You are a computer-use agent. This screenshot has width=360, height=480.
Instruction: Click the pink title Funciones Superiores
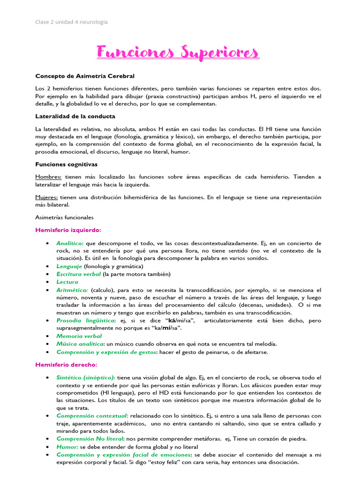pyautogui.click(x=178, y=52)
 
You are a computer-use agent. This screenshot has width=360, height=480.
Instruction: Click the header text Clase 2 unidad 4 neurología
pyautogui.click(x=71, y=22)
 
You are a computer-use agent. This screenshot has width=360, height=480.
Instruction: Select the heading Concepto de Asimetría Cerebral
pyautogui.click(x=85, y=76)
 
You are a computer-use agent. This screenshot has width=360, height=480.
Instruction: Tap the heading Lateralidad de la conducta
pyautogui.click(x=75, y=116)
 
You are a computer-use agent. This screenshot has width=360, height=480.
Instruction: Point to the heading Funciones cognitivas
pyautogui.click(x=66, y=165)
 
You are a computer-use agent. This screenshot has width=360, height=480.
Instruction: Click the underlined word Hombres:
pyautogui.click(x=49, y=177)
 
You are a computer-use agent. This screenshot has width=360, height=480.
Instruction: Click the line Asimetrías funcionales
pyautogui.click(x=64, y=217)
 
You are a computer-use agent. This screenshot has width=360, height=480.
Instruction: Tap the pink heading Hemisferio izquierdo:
pyautogui.click(x=68, y=230)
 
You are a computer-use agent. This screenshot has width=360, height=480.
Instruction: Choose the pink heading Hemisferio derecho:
pyautogui.click(x=66, y=365)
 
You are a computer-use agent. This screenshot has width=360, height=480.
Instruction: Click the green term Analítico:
pyautogui.click(x=70, y=243)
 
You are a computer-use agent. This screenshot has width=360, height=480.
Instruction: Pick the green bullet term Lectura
pyautogui.click(x=67, y=282)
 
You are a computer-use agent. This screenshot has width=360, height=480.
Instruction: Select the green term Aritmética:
pyautogui.click(x=72, y=290)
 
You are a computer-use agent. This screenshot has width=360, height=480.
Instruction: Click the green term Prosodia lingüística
pyautogui.click(x=85, y=321)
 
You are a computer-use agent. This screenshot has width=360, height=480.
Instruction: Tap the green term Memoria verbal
pyautogui.click(x=79, y=336)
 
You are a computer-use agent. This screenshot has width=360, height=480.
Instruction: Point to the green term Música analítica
pyautogui.click(x=79, y=344)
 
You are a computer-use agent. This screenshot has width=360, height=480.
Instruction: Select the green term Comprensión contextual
pyautogui.click(x=91, y=416)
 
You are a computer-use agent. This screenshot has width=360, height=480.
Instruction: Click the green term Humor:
pyautogui.click(x=67, y=447)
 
